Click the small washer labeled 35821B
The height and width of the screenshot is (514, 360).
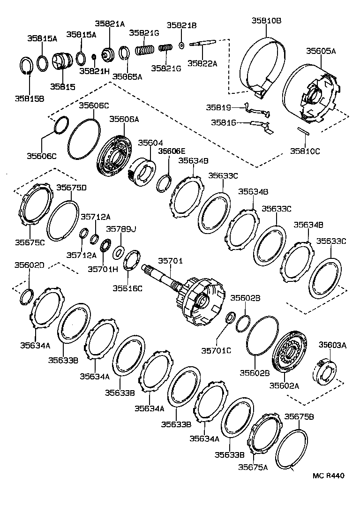tap(182, 45)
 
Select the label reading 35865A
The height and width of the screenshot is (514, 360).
tap(127, 77)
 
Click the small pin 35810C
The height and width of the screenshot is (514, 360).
tap(303, 131)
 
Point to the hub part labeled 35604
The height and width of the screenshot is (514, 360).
tap(140, 169)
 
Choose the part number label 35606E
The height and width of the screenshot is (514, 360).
tap(172, 151)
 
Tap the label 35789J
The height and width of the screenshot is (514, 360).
tap(120, 229)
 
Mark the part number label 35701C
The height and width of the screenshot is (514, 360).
tap(216, 350)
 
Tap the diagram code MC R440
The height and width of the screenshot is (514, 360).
tap(329, 476)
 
